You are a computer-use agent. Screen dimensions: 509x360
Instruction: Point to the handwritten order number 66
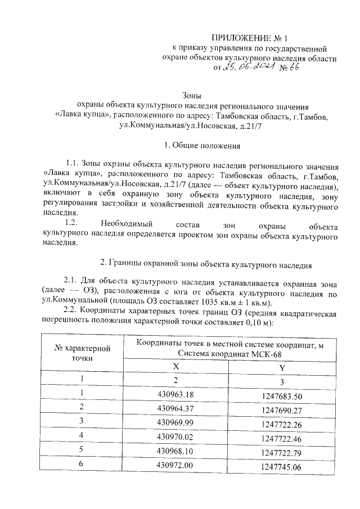click(293, 69)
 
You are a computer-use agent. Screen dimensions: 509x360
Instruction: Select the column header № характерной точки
click(85, 353)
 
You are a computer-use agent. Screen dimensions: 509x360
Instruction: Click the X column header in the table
click(176, 366)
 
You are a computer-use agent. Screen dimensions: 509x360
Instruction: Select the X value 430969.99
click(176, 421)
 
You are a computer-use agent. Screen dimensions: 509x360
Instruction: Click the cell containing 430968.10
click(176, 450)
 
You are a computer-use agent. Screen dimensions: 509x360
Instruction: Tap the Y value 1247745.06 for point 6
click(282, 466)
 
